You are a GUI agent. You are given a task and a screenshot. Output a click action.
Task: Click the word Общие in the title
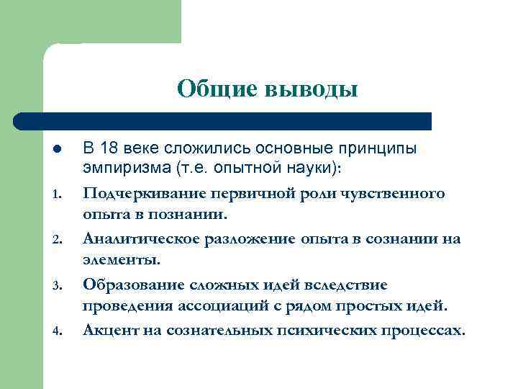pyautogui.click(x=216, y=89)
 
